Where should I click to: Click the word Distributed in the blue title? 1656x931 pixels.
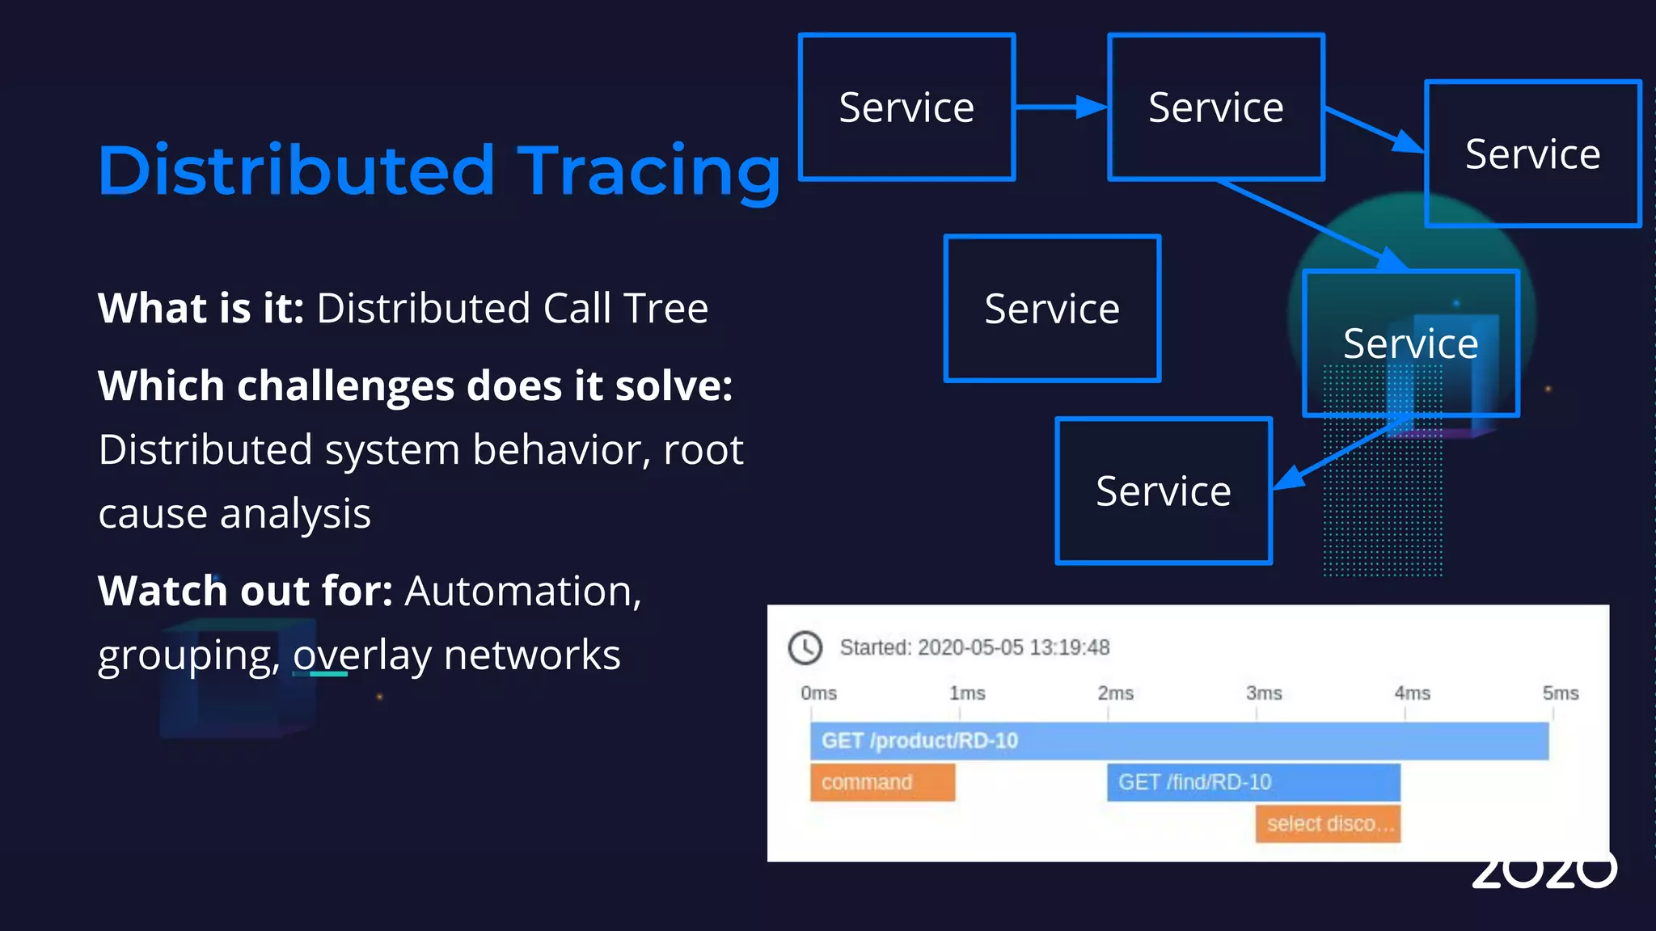(296, 171)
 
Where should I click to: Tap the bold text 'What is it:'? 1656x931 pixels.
(201, 309)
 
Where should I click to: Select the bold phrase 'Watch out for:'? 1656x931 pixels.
(245, 591)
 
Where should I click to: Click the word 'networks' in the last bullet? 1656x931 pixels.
(532, 655)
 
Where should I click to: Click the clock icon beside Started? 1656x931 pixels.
(805, 648)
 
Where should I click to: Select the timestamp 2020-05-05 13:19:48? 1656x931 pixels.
(1013, 648)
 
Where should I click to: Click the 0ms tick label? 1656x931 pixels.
(818, 693)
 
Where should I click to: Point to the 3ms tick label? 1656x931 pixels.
(1264, 693)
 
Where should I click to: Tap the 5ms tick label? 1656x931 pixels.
(1560, 693)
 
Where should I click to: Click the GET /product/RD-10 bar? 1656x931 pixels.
(1178, 741)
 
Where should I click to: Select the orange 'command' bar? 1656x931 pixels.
(882, 782)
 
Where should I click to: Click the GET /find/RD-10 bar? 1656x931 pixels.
(1253, 782)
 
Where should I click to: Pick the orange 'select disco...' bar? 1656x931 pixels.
(1327, 824)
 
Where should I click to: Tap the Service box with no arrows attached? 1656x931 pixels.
(1052, 309)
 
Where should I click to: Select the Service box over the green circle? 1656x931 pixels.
(1411, 344)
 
